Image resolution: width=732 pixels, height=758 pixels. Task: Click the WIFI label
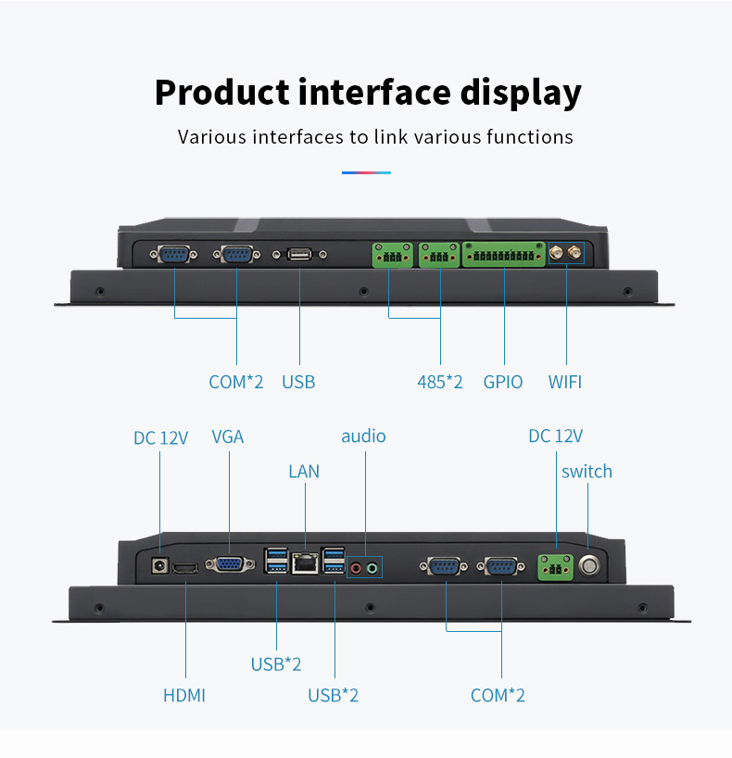click(x=564, y=382)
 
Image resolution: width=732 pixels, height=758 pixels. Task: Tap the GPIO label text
click(x=503, y=382)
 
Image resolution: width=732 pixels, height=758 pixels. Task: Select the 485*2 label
click(x=440, y=382)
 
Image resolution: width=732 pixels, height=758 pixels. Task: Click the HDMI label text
click(x=184, y=695)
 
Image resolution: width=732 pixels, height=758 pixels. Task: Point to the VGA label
click(x=227, y=436)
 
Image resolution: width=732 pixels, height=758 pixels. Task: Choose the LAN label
click(x=304, y=472)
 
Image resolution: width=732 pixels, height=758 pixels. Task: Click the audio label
click(x=363, y=436)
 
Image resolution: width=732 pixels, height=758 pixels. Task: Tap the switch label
click(x=587, y=472)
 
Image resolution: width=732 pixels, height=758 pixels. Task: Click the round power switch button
click(x=588, y=565)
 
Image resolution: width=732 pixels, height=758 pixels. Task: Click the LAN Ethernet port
click(x=304, y=563)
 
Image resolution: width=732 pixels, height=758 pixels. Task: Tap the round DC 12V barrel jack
click(x=158, y=564)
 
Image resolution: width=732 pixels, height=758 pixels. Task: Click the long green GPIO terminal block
click(x=504, y=254)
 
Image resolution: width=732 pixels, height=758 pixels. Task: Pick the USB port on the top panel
click(x=298, y=254)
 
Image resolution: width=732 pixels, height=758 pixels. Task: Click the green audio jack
click(x=373, y=567)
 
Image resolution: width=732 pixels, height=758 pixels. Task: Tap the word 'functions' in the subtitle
click(x=530, y=137)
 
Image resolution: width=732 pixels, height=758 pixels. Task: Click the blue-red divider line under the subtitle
click(x=366, y=172)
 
